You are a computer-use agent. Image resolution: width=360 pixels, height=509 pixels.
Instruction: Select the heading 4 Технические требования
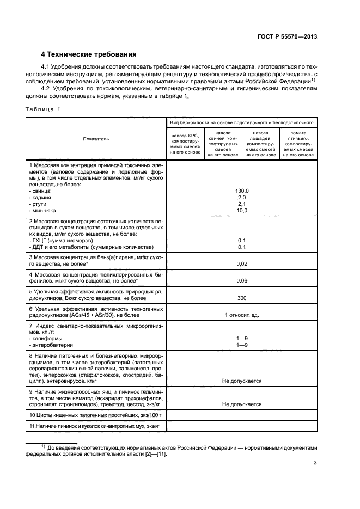pos(89,54)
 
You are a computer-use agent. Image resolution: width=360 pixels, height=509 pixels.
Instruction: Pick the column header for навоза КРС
pos(186,143)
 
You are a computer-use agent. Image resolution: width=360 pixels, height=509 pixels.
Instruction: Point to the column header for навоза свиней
pos(223,143)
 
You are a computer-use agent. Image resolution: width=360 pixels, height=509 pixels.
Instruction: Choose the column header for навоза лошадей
pos(260,143)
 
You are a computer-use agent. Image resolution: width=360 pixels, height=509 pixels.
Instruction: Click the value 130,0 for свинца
pos(242,191)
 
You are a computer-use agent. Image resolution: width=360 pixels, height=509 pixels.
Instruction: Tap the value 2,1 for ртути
pos(242,204)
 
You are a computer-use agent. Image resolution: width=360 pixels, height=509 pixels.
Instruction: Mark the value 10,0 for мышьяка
pos(242,210)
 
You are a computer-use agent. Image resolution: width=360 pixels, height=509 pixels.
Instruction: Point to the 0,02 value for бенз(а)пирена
pos(242,263)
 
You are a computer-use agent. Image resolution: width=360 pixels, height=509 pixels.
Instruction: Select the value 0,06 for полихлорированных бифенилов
pos(242,280)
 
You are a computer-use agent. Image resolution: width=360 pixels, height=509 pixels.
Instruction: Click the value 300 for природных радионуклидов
pos(242,298)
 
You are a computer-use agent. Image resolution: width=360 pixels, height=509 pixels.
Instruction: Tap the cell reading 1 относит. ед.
pos(242,316)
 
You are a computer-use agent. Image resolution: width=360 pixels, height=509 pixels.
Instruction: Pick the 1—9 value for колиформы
pos(242,338)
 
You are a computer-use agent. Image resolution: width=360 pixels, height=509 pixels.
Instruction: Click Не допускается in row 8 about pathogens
pos(242,381)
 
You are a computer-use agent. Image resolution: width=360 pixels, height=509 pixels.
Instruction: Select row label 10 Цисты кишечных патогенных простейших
pos(88,415)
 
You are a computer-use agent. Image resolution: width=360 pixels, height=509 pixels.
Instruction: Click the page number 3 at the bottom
pos(315,463)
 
